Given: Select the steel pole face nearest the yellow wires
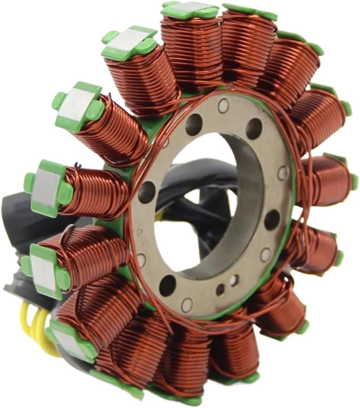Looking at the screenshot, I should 66,340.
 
